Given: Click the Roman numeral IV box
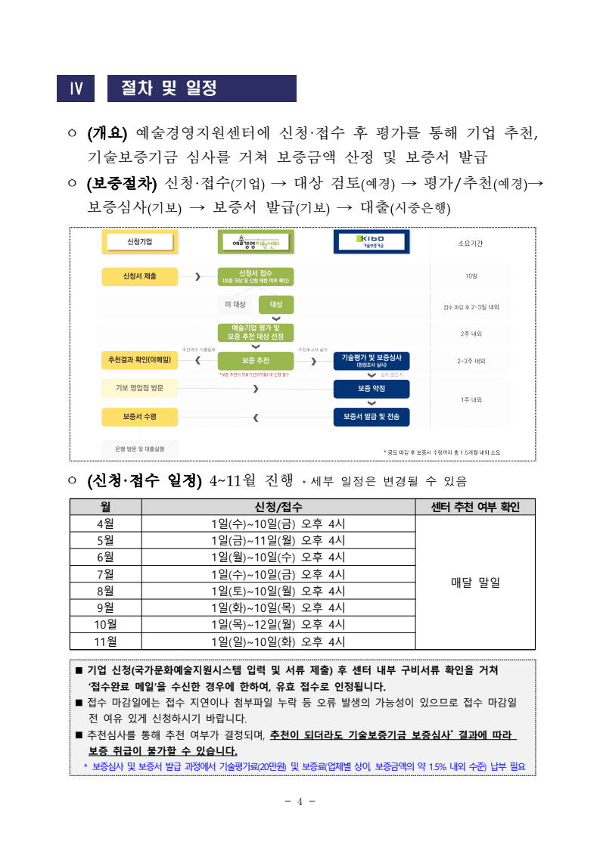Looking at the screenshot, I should point(76,89).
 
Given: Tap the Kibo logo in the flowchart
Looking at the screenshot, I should point(371,242).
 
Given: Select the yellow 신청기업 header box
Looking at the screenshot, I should point(140,242).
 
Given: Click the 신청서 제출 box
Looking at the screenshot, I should point(140,277).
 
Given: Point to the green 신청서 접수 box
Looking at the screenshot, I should point(256,277).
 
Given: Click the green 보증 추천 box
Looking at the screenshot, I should point(256,361).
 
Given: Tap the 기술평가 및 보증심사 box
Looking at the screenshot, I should point(371,361).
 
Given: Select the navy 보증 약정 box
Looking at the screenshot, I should point(371,389).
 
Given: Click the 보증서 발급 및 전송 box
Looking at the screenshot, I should point(371,417).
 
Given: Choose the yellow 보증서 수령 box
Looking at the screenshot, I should point(140,417).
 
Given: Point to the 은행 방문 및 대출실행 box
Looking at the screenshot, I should point(140,449).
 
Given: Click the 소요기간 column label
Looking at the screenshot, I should point(471,244).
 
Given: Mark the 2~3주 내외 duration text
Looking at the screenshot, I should point(471,362).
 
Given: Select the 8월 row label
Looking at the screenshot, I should point(105,591).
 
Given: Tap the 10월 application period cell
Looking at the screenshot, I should point(278,624).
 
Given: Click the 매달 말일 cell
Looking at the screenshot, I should point(474,582).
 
